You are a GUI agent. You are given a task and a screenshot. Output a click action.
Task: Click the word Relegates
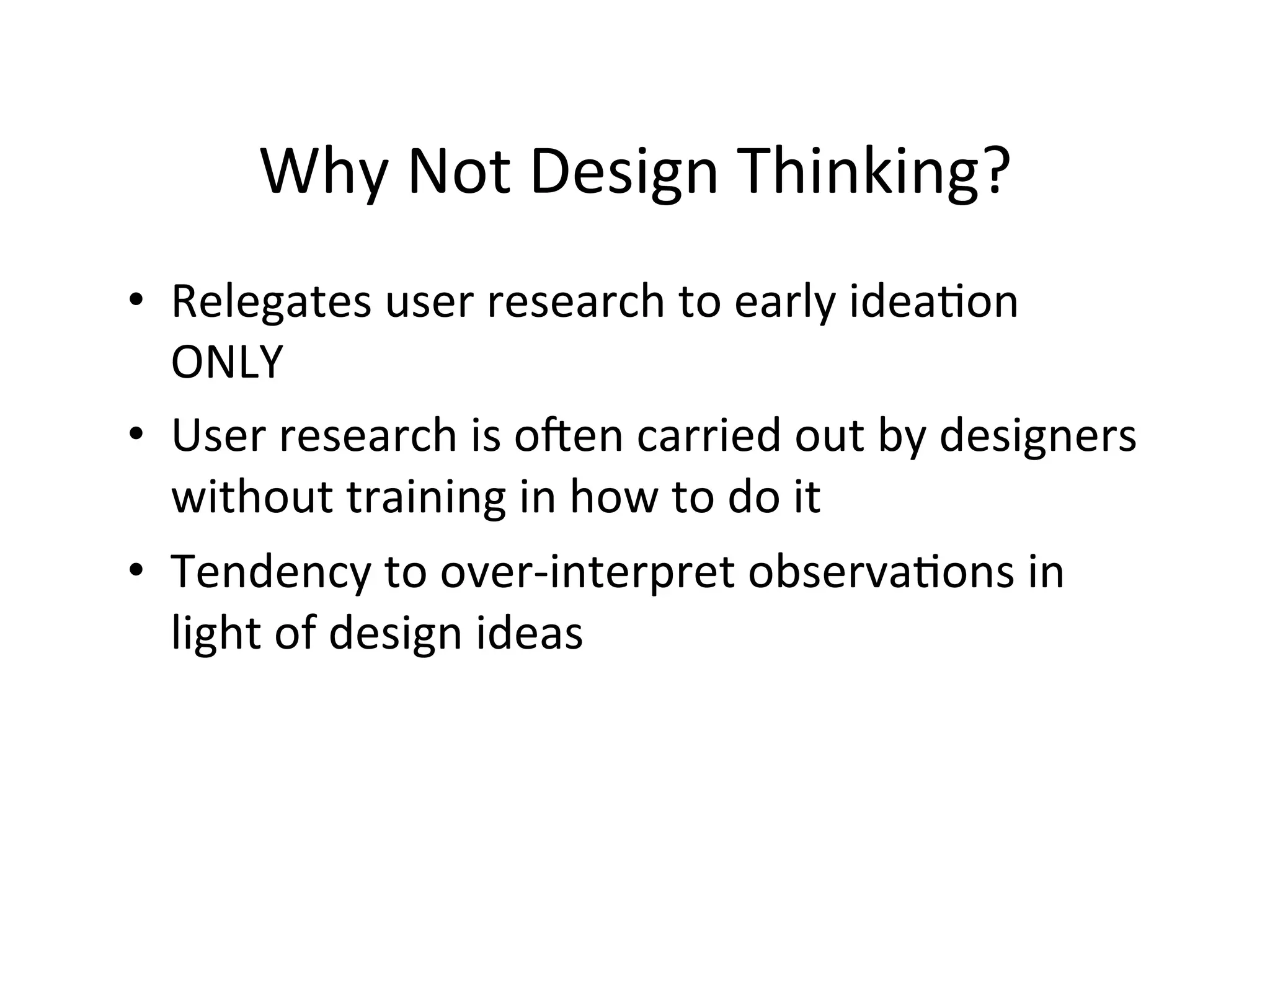pos(271,303)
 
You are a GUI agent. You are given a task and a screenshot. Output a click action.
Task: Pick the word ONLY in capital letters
pos(227,363)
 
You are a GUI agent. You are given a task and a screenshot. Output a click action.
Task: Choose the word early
pos(784,303)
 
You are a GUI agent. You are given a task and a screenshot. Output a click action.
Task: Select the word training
pos(426,498)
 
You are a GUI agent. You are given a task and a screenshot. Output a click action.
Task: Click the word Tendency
pos(270,572)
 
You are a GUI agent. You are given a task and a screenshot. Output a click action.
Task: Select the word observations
pos(881,572)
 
